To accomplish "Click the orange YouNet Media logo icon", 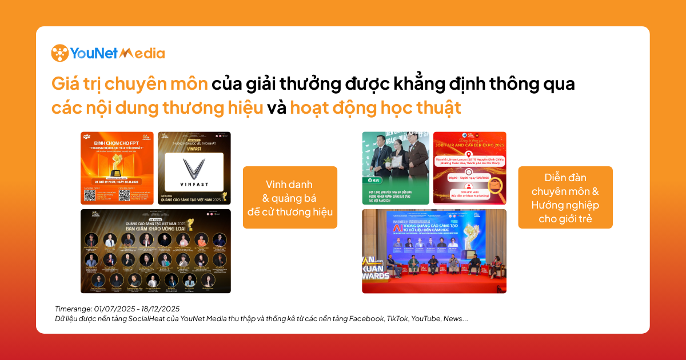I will click(x=60, y=53).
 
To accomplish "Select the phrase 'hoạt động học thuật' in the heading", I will click(x=375, y=107).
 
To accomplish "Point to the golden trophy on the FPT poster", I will click(x=119, y=166).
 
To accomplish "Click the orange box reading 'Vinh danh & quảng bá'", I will click(x=290, y=197).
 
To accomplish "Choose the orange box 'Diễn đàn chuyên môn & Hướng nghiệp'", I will click(x=565, y=197).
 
